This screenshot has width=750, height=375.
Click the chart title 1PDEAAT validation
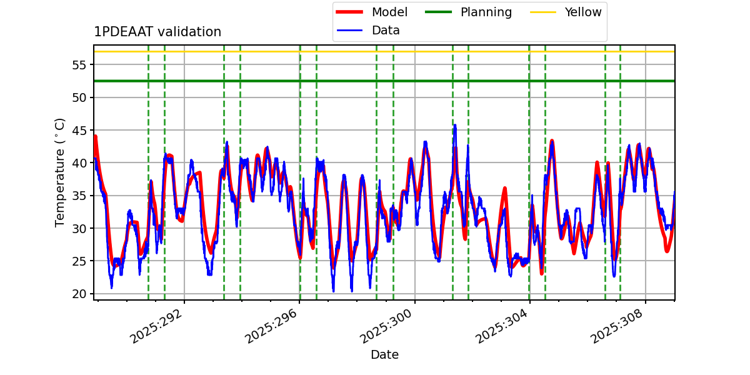(157, 32)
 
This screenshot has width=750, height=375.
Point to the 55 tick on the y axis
(81, 65)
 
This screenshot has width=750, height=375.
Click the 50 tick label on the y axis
(81, 97)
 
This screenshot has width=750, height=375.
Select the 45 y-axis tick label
(81, 130)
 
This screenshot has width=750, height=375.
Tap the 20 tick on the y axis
(81, 294)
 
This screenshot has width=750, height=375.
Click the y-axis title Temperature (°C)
(60, 172)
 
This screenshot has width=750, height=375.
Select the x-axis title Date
(384, 355)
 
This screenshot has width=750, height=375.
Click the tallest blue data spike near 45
(455, 126)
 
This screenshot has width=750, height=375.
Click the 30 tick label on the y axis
(81, 228)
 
